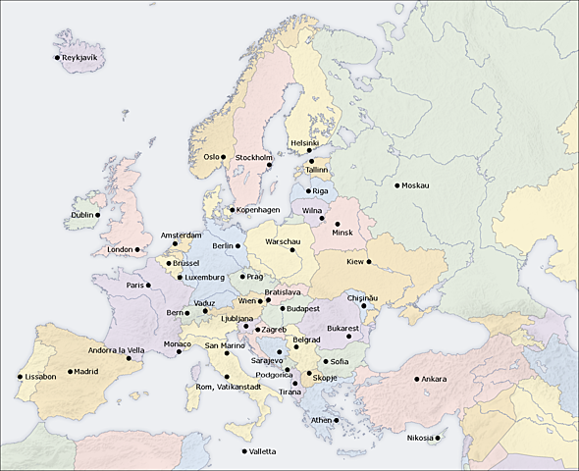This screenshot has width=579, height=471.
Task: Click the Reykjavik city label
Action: tap(82, 58)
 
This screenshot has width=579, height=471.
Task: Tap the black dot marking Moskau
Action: tap(397, 185)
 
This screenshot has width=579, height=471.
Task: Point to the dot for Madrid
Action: tap(71, 372)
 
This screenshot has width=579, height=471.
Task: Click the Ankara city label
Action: tap(434, 379)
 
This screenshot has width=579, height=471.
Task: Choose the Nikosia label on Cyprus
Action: tap(420, 438)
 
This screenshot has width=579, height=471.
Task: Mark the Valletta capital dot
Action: tap(243, 451)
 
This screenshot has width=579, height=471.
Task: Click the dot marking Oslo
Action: tap(223, 156)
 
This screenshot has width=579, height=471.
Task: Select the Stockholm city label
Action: tap(253, 157)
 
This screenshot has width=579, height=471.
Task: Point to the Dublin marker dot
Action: tap(97, 215)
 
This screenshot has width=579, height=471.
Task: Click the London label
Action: tap(119, 249)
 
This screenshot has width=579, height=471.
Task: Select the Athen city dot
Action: tap(336, 420)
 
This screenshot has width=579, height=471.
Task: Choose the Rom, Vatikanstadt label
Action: tap(229, 387)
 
